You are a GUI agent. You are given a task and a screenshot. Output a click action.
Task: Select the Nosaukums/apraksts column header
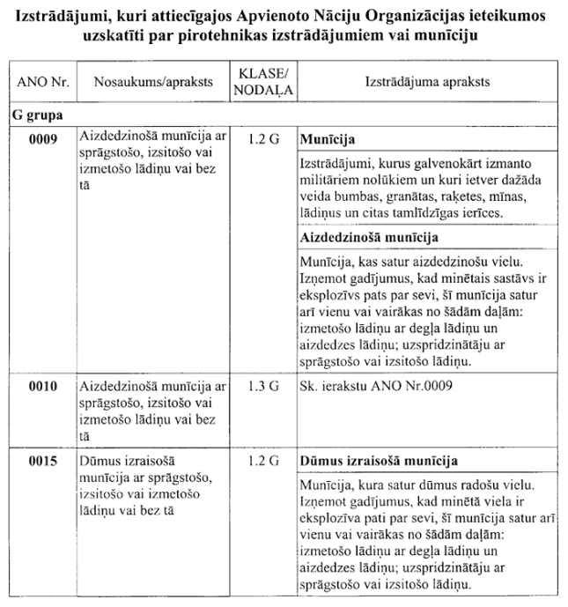click(145, 81)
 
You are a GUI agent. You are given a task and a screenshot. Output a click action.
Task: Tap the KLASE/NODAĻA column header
click(263, 81)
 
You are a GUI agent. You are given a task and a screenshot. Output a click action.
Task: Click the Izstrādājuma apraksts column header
click(427, 81)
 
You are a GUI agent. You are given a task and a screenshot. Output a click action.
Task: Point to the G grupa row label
click(36, 115)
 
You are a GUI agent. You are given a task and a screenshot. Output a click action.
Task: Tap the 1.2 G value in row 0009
click(263, 139)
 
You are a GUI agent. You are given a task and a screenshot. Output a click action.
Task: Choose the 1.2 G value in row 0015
click(263, 461)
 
